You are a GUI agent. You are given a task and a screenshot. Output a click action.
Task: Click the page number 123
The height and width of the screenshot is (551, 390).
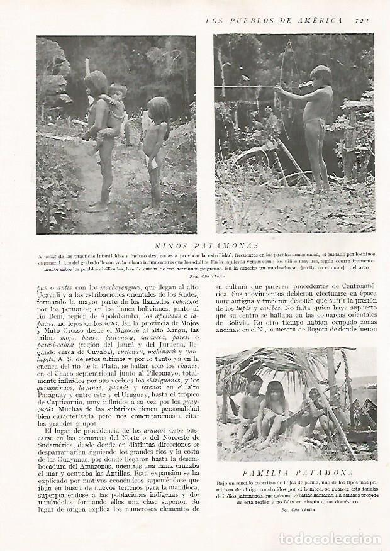[x=362, y=21]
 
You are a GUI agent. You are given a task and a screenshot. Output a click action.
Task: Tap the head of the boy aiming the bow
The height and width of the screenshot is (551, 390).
[x=320, y=75]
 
